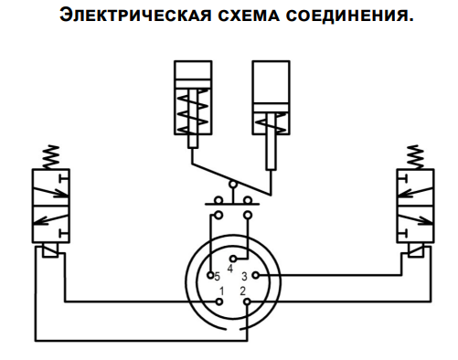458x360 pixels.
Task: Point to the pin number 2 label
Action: click(243, 291)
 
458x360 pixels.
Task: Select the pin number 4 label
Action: click(229, 268)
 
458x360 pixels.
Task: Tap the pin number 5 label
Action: click(218, 275)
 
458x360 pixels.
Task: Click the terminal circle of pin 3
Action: click(255, 274)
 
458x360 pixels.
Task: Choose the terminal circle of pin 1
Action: click(219, 302)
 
